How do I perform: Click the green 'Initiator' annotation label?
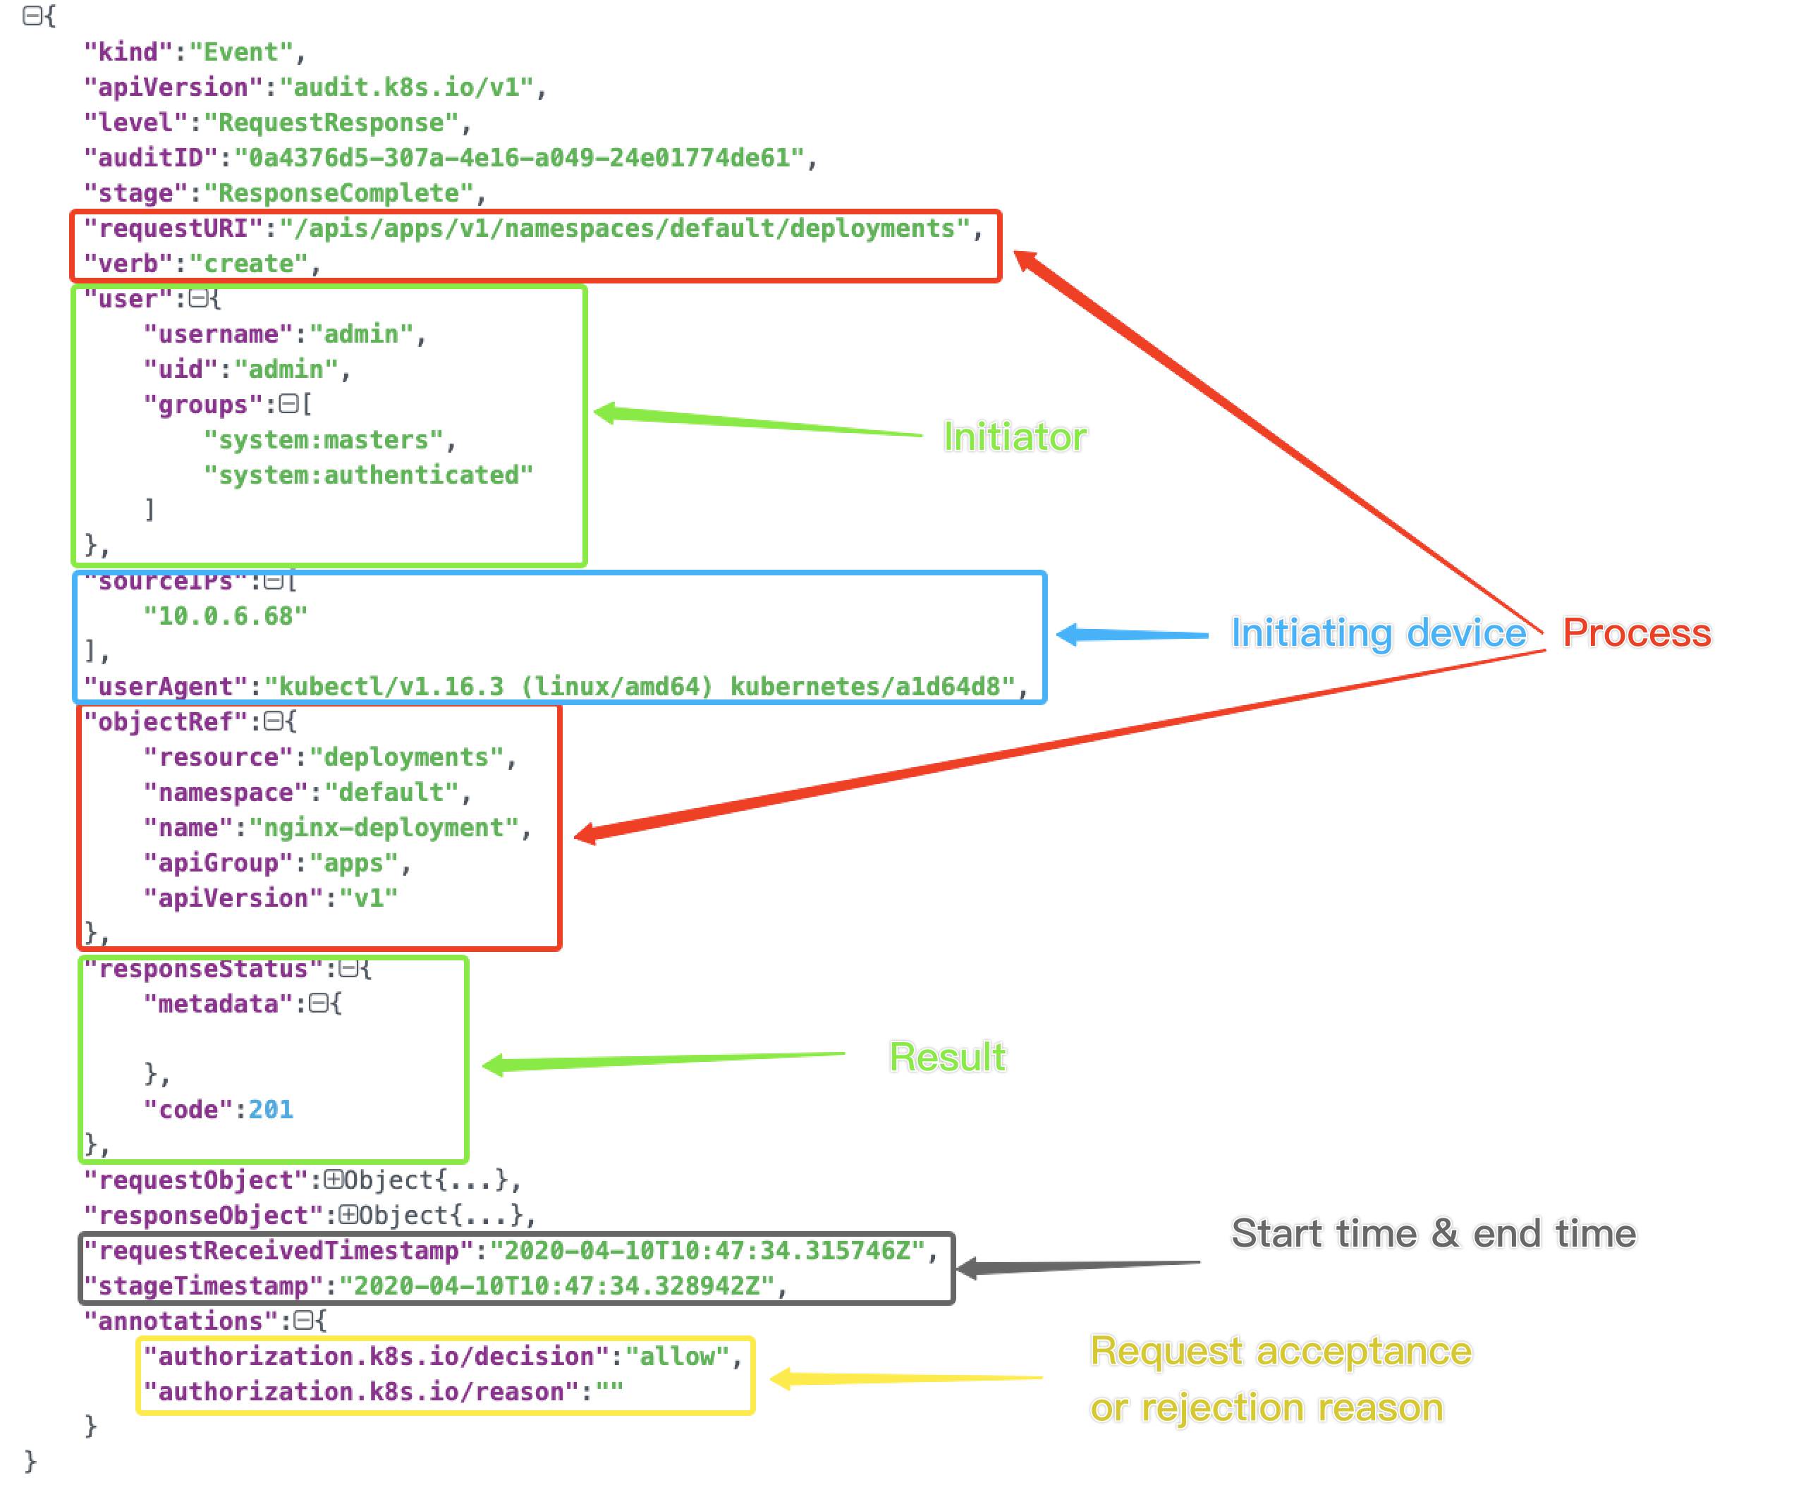(1015, 437)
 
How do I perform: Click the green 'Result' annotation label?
(947, 1056)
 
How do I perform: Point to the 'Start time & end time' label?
(1433, 1233)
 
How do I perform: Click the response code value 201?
(270, 1110)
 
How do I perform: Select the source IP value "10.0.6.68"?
(225, 616)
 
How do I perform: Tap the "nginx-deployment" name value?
(384, 828)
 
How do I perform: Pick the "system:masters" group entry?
(324, 441)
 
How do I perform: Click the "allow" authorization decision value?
(677, 1357)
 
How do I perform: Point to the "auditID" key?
(151, 159)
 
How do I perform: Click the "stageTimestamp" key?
(203, 1286)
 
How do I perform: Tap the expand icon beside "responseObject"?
(348, 1215)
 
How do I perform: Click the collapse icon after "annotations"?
(303, 1321)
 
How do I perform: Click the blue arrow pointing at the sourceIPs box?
(1132, 635)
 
